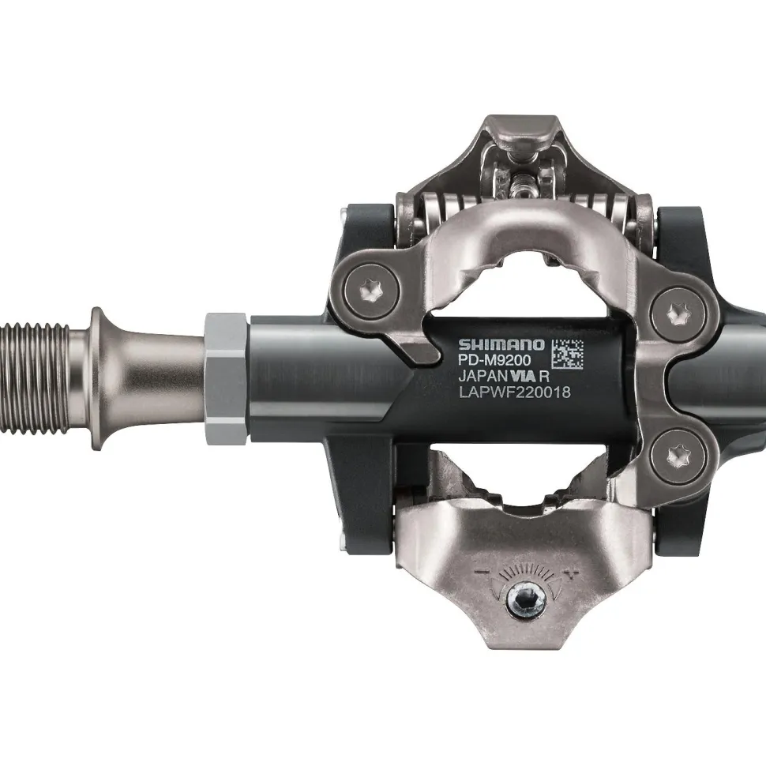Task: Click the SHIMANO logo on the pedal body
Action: (501, 344)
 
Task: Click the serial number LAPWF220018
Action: (514, 392)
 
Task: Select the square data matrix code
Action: (567, 353)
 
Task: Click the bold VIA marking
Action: (521, 376)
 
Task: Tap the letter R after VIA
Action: (544, 376)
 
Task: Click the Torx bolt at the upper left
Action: (372, 292)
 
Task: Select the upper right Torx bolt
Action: (679, 314)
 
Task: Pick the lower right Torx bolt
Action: (678, 457)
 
